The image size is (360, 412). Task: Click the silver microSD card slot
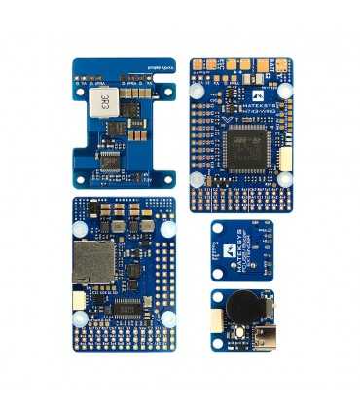(93, 263)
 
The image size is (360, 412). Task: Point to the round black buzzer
(239, 311)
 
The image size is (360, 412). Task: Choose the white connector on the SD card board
(78, 301)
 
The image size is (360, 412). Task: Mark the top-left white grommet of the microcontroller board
(198, 89)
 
